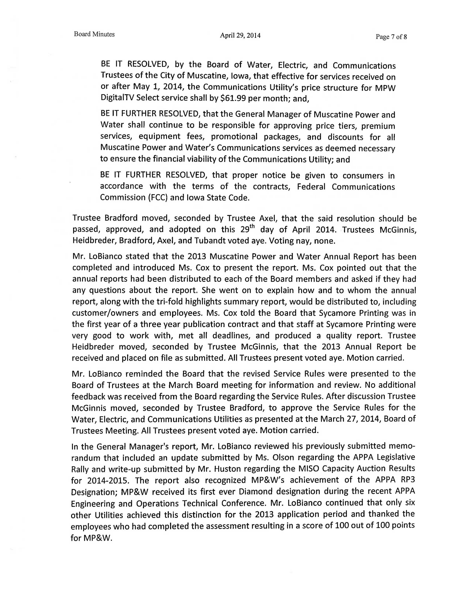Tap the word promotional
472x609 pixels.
tap(234, 137)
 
